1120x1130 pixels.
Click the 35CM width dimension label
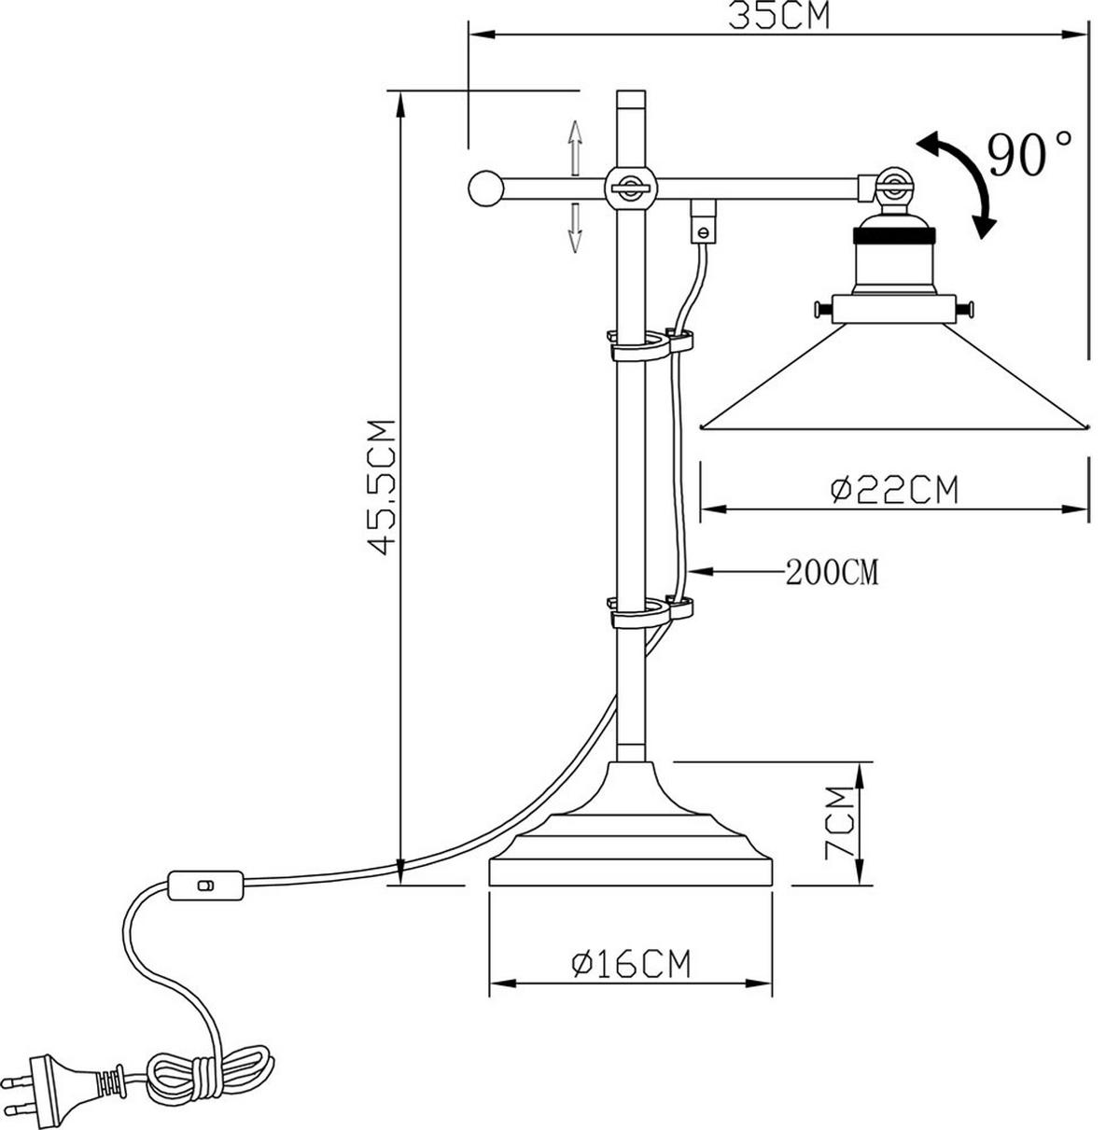click(x=778, y=16)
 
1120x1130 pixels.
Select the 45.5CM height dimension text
click(x=383, y=486)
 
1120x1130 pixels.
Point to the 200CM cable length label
click(x=831, y=571)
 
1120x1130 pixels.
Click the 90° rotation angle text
click(x=1029, y=154)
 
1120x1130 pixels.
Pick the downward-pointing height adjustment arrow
click(x=576, y=227)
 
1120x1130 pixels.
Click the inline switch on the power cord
click(x=207, y=885)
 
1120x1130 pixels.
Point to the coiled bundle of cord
click(x=210, y=1073)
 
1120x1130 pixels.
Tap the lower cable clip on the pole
click(x=650, y=611)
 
